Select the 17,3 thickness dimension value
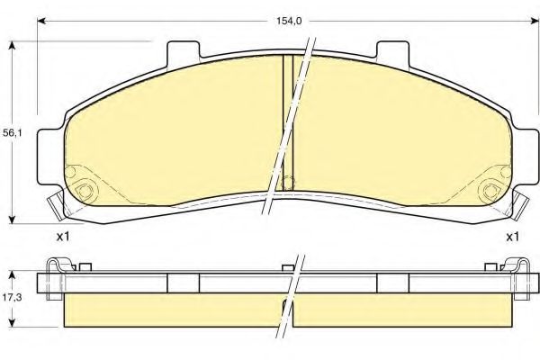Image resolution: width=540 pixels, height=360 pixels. coord(12,295)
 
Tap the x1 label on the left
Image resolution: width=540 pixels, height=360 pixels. coord(63,237)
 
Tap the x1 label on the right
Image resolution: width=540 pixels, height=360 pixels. coord(511,237)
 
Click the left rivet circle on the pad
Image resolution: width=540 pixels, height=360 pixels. coord(86,189)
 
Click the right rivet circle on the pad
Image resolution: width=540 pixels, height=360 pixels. coord(491,189)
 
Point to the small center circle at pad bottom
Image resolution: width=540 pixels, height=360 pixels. coord(288,183)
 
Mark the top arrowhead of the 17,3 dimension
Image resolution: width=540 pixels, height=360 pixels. coord(12,274)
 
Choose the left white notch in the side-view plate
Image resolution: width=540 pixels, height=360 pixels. coord(183,283)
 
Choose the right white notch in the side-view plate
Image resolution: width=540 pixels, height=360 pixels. coord(393,283)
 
